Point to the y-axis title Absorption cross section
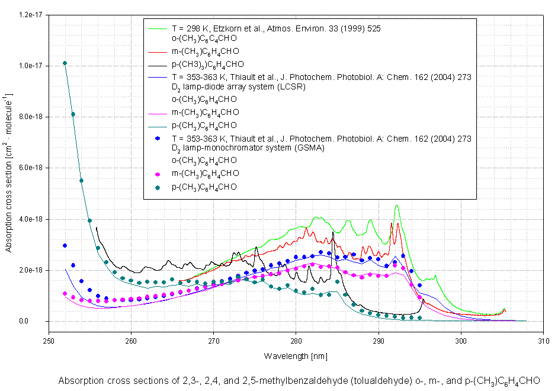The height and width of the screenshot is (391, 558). pyautogui.click(x=9, y=172)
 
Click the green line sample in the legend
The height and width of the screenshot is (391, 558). pyautogui.click(x=157, y=27)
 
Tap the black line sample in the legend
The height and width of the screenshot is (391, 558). pyautogui.click(x=157, y=64)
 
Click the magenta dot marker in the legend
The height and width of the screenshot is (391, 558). pyautogui.click(x=157, y=174)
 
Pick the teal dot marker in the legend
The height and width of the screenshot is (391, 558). pyautogui.click(x=157, y=187)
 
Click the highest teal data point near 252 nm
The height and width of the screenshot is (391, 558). pyautogui.click(x=65, y=63)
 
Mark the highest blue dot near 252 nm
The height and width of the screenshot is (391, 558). pyautogui.click(x=65, y=245)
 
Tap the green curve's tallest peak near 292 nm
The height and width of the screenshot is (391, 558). pyautogui.click(x=396, y=206)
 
